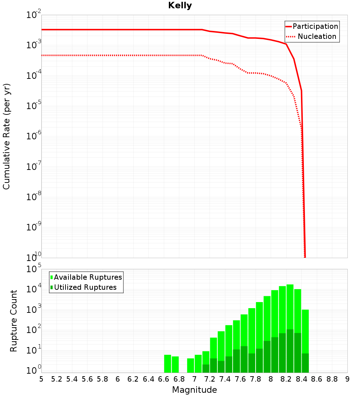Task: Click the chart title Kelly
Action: [x=180, y=6]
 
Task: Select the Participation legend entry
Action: [x=315, y=26]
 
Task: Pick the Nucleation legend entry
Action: [x=317, y=36]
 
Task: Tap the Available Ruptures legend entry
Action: [x=88, y=277]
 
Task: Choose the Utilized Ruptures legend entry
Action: [x=85, y=287]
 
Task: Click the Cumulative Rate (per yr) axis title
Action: [x=6, y=136]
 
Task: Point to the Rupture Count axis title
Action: [x=14, y=321]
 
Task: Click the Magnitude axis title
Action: [x=194, y=390]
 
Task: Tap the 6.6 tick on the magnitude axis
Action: [x=164, y=379]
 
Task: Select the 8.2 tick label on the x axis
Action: [x=286, y=379]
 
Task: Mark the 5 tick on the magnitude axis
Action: [x=41, y=379]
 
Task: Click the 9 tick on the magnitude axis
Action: [x=347, y=379]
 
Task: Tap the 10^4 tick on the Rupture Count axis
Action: [x=33, y=289]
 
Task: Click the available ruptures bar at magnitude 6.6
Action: [x=167, y=364]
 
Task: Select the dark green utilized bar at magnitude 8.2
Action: [x=290, y=351]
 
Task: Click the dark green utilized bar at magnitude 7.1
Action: [x=206, y=368]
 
